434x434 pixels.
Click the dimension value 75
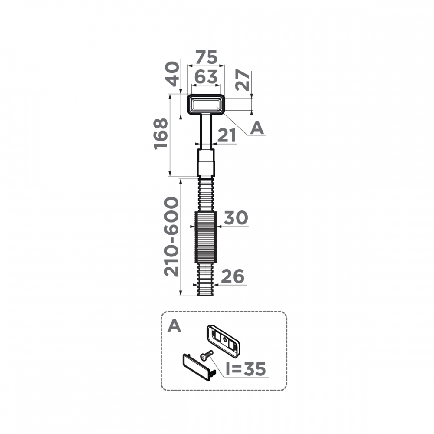coord(206,57)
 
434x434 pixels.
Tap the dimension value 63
coord(206,77)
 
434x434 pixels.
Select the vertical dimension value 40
coord(172,74)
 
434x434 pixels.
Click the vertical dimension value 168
coord(161,134)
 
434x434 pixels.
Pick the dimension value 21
coord(227,135)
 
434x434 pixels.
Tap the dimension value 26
coord(233,276)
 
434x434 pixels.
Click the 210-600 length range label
coord(171,237)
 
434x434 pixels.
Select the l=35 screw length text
coord(246,368)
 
